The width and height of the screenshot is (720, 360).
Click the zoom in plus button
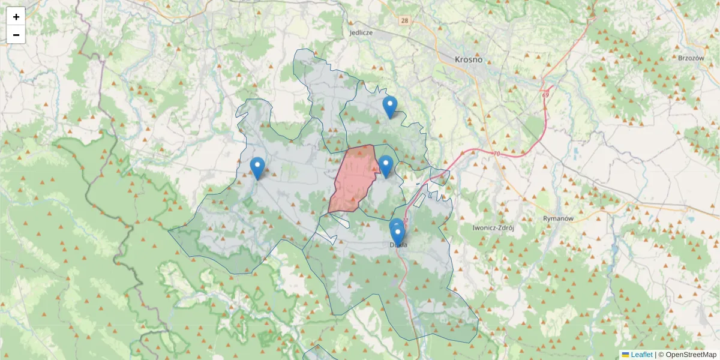coord(16,17)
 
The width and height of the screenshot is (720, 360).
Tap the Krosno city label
coord(469,59)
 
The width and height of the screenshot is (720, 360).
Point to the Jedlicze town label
coord(361,33)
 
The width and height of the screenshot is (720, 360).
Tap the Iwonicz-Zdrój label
coord(494,228)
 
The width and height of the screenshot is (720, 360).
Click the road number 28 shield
coord(406,20)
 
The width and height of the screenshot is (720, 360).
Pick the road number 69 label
coord(545,95)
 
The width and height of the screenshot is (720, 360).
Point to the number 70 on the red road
coord(497,154)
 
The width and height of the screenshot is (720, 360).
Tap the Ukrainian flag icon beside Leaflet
coord(625,355)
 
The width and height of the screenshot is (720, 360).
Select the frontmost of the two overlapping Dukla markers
coord(397,236)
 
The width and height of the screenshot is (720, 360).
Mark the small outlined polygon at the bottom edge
coord(315,353)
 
